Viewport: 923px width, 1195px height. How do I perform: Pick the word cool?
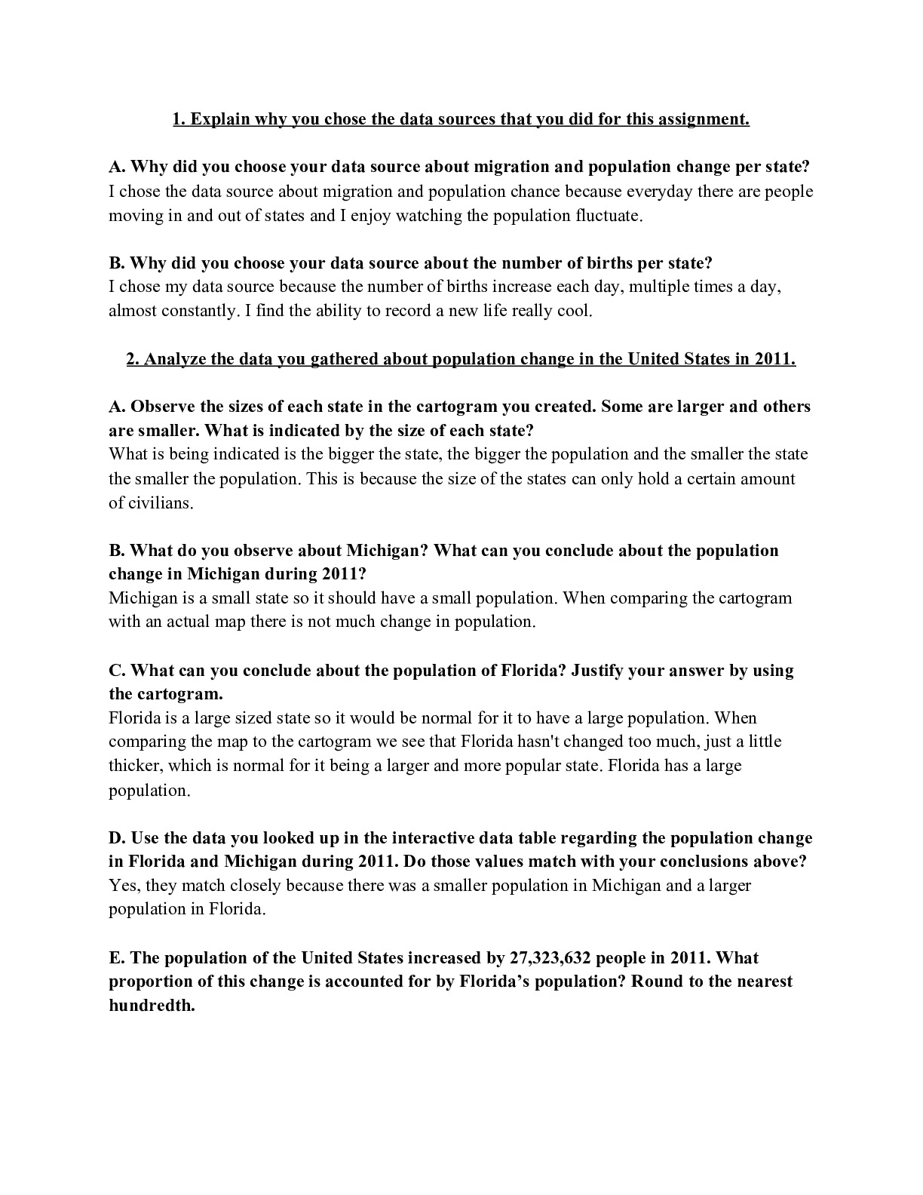pos(574,312)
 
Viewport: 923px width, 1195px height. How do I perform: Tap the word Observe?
pos(163,407)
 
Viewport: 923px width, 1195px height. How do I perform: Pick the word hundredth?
pos(152,1006)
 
